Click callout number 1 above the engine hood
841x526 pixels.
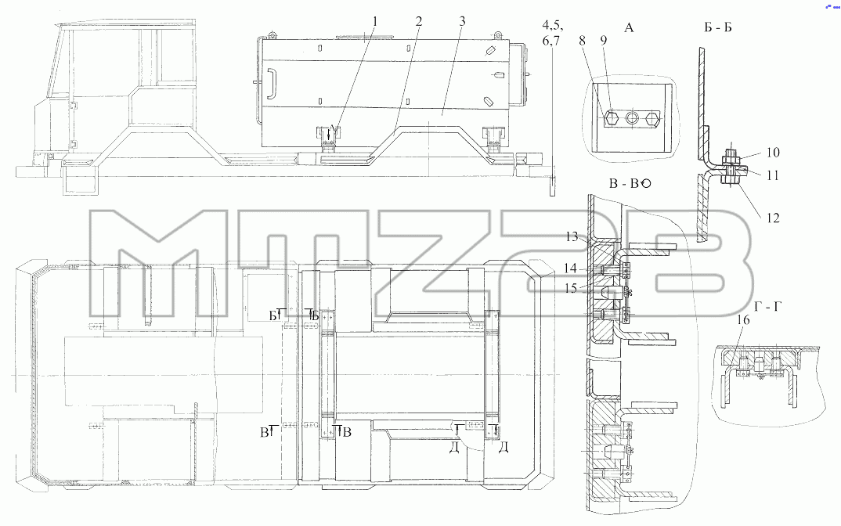click(375, 21)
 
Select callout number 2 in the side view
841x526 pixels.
click(418, 21)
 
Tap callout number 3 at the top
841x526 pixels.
click(462, 21)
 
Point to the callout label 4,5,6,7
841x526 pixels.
click(550, 32)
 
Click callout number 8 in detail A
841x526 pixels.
click(583, 40)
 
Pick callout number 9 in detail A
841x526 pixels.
click(604, 40)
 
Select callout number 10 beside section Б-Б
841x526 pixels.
click(772, 153)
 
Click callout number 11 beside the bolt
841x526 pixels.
click(772, 175)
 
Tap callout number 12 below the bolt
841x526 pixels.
click(772, 218)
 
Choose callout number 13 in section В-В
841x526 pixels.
click(572, 236)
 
